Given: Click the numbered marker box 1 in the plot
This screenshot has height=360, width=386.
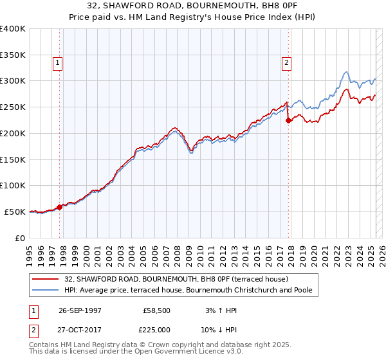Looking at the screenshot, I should (x=58, y=62).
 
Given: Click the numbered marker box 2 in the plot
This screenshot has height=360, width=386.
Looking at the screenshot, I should (x=286, y=62).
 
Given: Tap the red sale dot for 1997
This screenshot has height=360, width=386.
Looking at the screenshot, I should (x=59, y=207).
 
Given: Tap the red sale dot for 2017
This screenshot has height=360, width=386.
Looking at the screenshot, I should (x=288, y=120).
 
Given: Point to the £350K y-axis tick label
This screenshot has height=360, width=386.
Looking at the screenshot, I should (x=13, y=55).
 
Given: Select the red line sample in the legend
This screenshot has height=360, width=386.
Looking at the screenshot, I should (x=48, y=278).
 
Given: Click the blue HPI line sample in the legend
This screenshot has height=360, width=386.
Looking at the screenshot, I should (x=48, y=290).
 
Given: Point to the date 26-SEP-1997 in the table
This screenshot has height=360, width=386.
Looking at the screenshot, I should (x=80, y=310).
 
